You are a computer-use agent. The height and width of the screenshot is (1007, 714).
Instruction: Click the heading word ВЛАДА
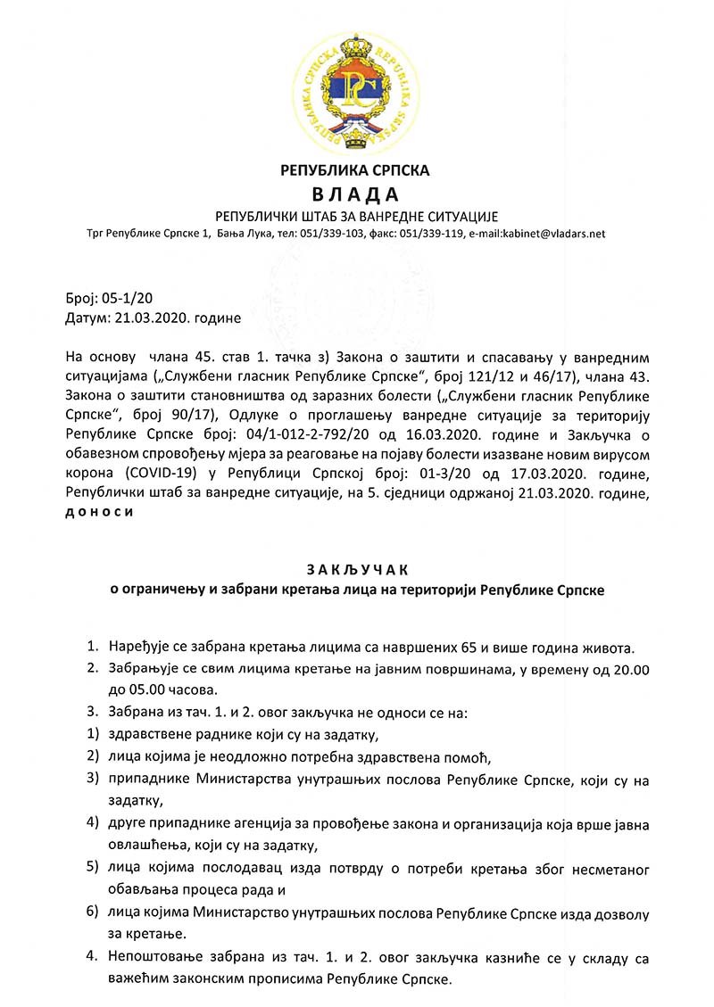(356, 194)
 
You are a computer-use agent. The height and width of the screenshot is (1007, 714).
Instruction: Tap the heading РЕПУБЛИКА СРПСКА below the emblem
(356, 169)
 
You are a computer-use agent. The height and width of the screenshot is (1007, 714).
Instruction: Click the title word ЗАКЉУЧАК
(356, 569)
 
